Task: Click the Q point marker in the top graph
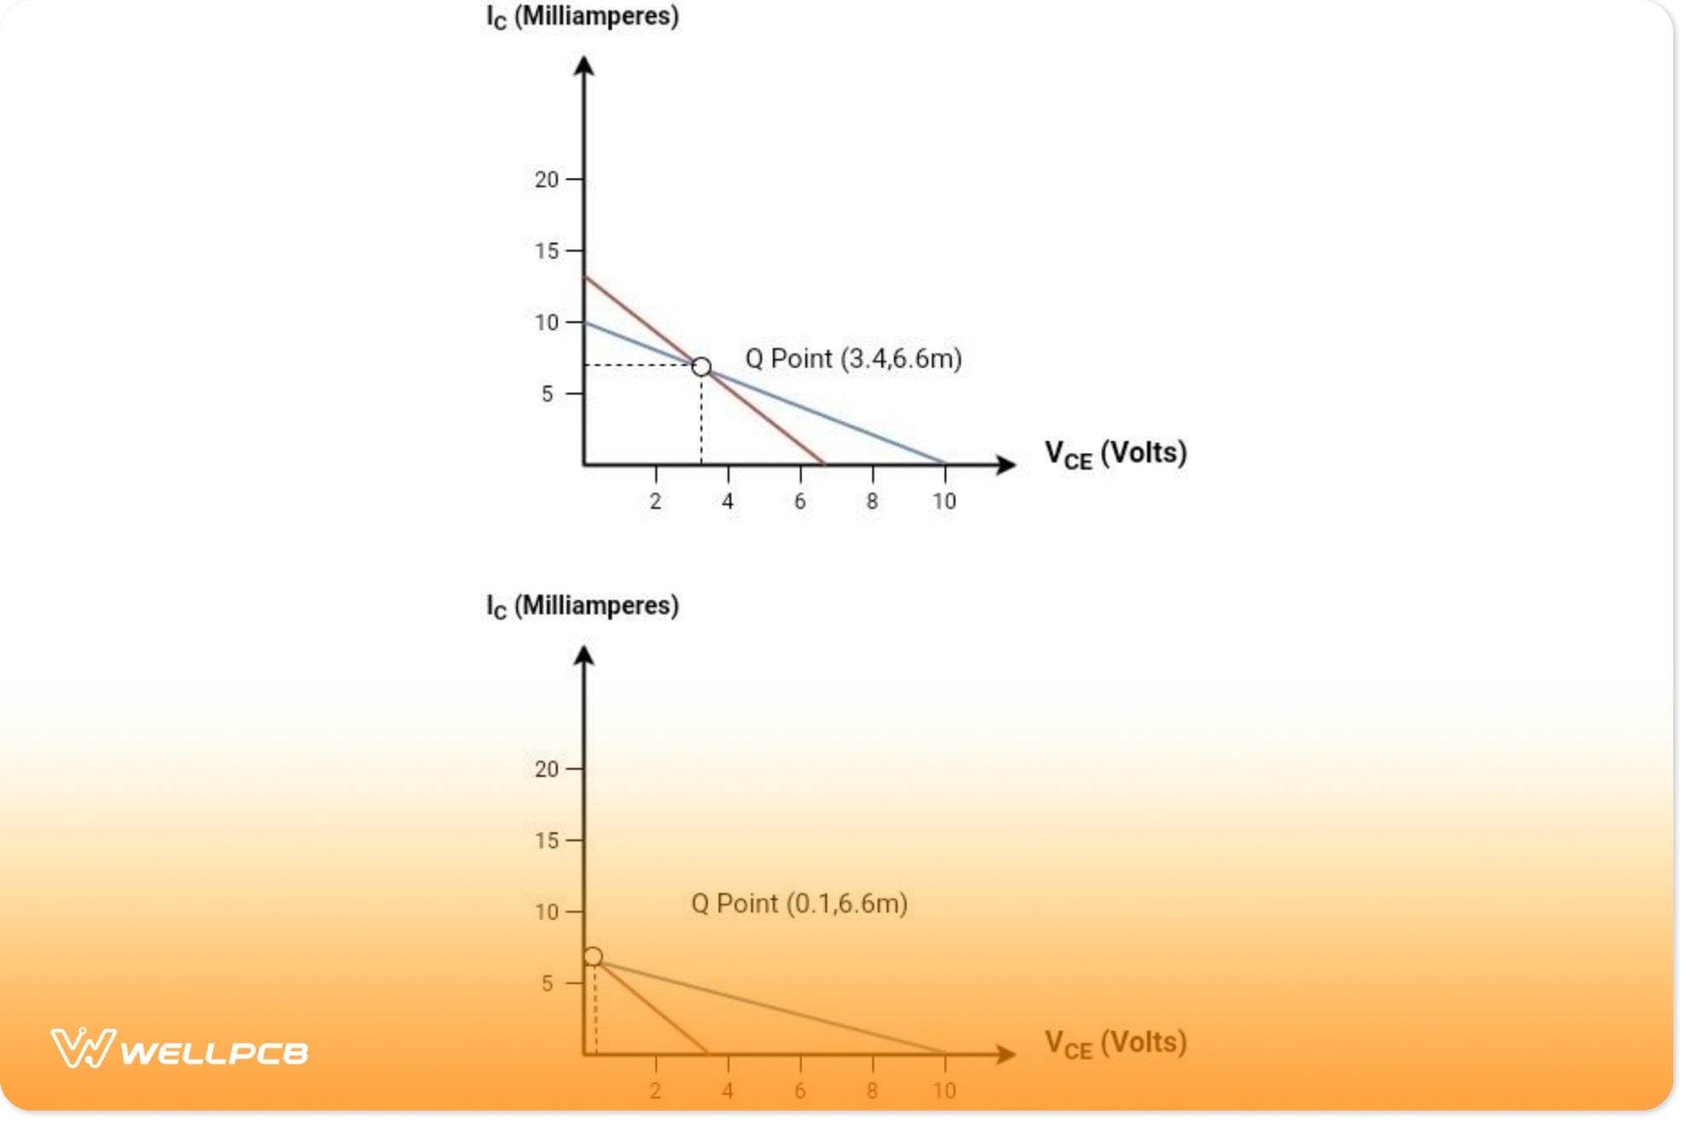click(x=701, y=367)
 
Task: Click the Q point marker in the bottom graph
click(x=593, y=956)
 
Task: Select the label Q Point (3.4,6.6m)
click(x=853, y=359)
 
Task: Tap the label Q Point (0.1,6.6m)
click(x=799, y=903)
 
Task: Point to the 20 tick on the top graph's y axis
click(x=547, y=179)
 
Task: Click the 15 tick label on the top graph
click(x=547, y=251)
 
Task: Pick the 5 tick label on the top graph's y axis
click(x=547, y=394)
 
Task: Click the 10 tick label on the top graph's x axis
click(x=944, y=501)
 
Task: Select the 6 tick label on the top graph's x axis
click(x=799, y=501)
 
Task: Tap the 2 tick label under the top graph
click(x=655, y=501)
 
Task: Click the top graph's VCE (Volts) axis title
click(x=1115, y=453)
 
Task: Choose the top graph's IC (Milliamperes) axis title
click(x=582, y=17)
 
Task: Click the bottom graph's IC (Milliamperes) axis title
click(x=582, y=606)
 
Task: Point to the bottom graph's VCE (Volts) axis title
click(x=1115, y=1043)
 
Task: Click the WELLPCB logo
click(x=179, y=1048)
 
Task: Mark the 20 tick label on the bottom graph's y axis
click(x=547, y=769)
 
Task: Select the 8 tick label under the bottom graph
click(x=872, y=1090)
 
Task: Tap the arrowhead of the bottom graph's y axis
click(x=584, y=656)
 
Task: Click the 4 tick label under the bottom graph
click(x=728, y=1090)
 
